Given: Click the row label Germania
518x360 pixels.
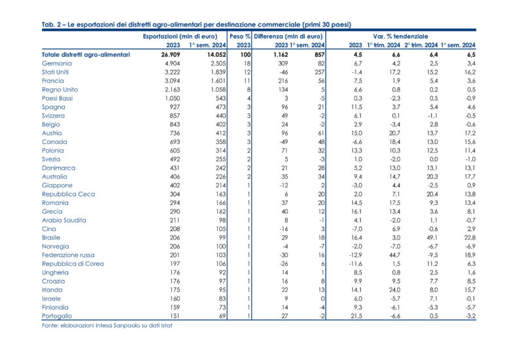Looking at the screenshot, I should (58, 63).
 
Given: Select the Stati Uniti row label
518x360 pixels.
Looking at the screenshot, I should (58, 72).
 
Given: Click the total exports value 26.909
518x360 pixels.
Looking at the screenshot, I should (169, 54).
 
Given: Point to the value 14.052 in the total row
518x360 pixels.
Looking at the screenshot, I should (207, 54).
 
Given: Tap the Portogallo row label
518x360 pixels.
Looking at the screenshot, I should (59, 316).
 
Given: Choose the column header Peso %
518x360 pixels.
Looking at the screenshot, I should (241, 36).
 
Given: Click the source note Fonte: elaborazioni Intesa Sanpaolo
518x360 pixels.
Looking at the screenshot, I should (110, 325).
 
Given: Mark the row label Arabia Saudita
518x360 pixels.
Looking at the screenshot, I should (63, 220).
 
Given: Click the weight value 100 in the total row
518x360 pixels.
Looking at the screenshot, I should (244, 54).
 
